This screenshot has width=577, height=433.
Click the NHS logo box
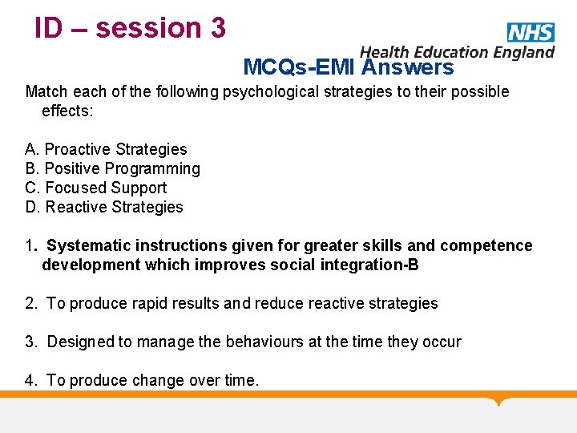531,32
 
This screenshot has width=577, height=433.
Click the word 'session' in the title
148,28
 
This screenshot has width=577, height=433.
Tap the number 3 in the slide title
217,28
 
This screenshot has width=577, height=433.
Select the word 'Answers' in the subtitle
407,67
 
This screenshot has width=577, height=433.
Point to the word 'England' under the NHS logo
523,52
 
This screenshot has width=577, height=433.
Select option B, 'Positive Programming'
122,168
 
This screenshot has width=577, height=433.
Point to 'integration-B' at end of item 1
371,265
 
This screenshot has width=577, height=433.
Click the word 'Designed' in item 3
81,342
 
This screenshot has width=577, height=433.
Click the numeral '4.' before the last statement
31,380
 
